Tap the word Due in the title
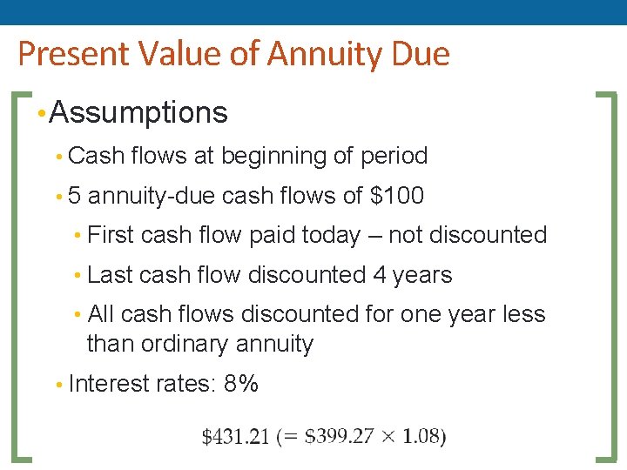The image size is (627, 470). (421, 55)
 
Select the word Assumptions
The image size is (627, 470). (139, 112)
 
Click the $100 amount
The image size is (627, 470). (397, 196)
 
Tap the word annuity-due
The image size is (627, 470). (152, 196)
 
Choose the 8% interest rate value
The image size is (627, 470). (241, 383)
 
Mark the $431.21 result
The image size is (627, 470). (235, 437)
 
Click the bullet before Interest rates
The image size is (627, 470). (58, 384)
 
